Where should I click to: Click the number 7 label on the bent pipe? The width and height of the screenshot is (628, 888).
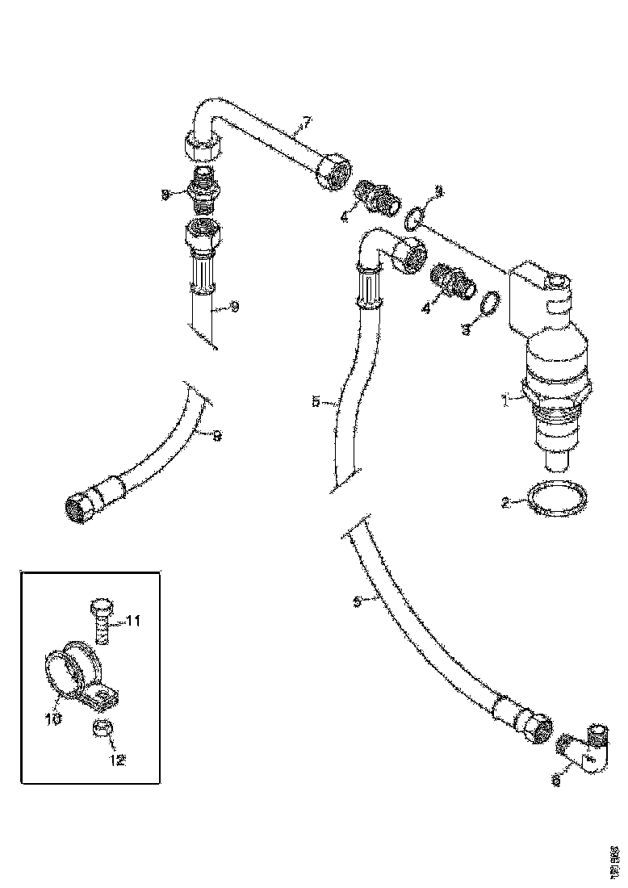pyautogui.click(x=306, y=124)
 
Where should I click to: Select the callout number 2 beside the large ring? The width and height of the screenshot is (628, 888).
pyautogui.click(x=505, y=502)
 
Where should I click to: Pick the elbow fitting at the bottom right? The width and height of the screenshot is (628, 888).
pyautogui.click(x=584, y=749)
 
